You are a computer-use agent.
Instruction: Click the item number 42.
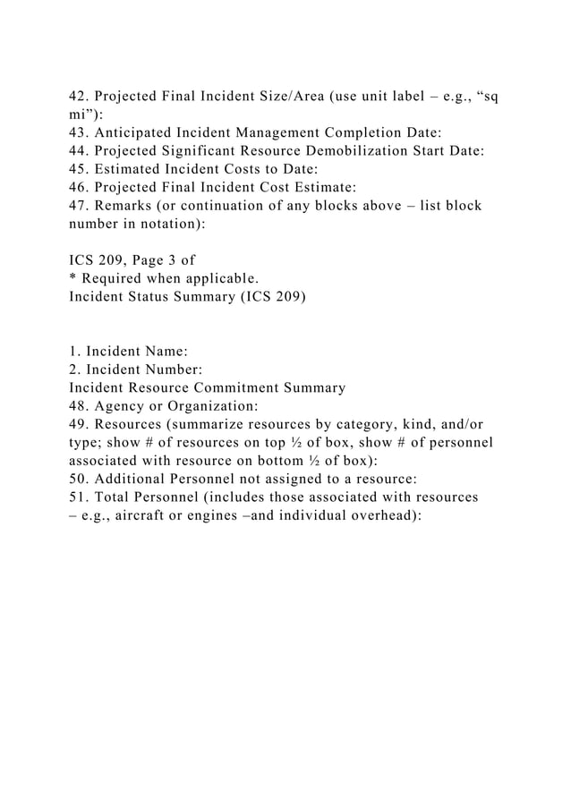(x=81, y=98)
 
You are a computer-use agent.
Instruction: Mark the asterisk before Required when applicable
(x=72, y=278)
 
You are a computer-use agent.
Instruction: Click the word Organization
(x=213, y=406)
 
